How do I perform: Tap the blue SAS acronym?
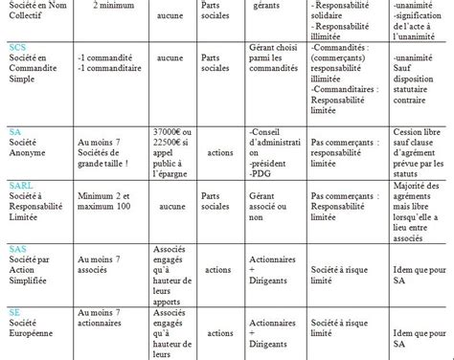(17, 249)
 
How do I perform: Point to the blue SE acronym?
(14, 312)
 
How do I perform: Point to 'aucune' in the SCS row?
(170, 58)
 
